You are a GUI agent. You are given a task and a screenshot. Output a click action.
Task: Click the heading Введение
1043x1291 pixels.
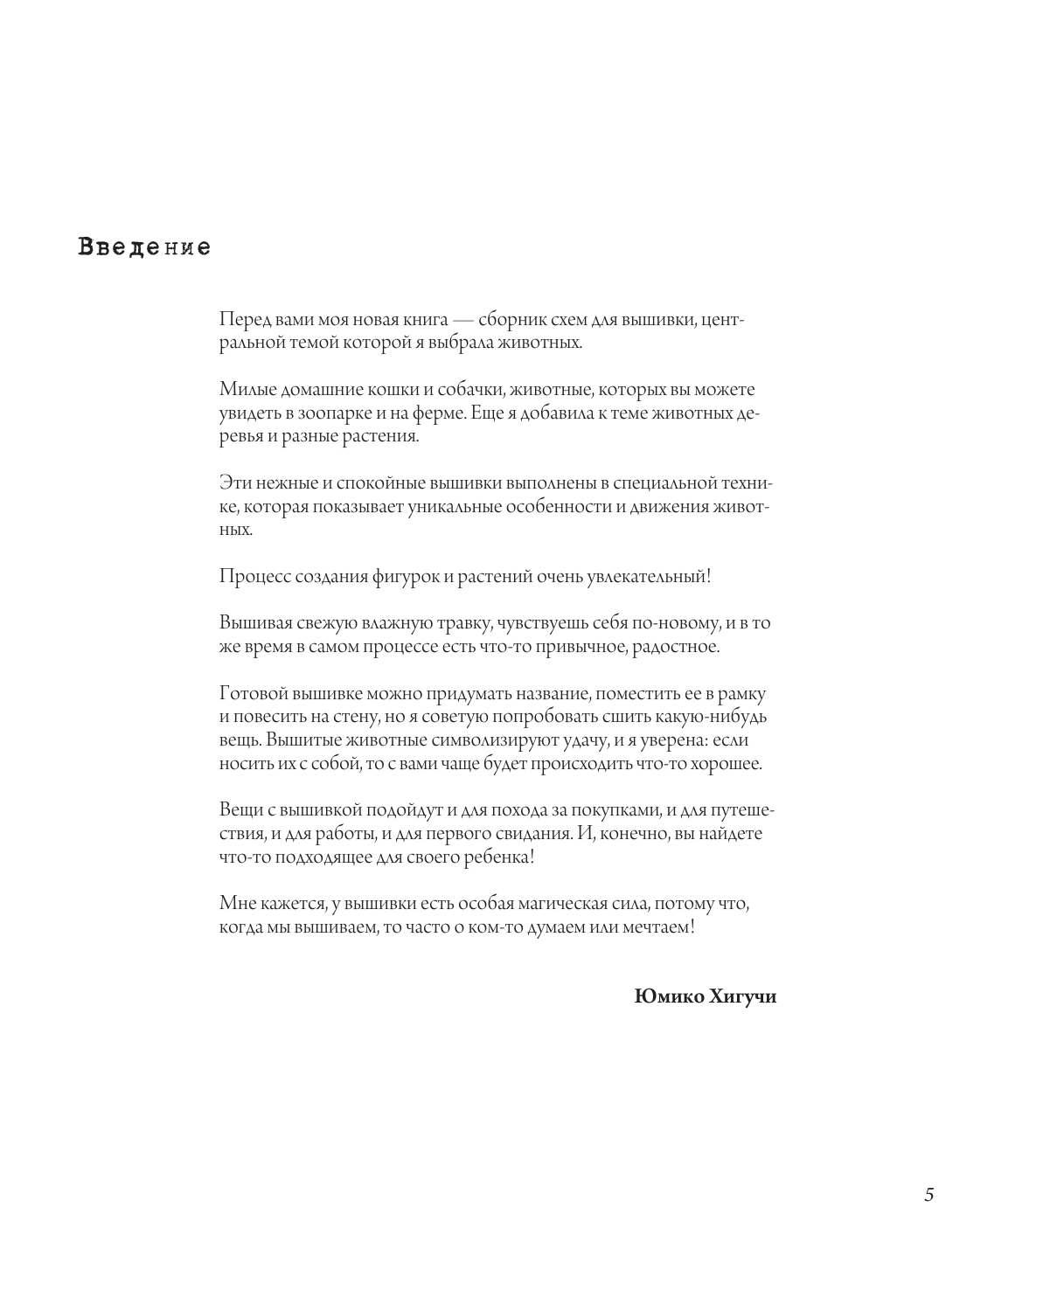(144, 247)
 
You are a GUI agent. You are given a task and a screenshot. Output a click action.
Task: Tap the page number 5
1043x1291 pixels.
(928, 1195)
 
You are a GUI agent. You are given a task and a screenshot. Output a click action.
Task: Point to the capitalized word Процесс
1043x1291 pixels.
(251, 576)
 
